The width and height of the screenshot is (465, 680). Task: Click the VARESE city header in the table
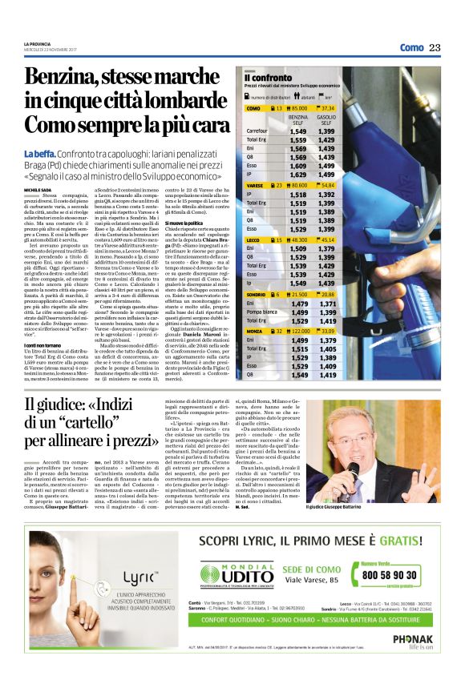coord(255,185)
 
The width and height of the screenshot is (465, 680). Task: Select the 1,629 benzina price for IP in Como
coord(297,174)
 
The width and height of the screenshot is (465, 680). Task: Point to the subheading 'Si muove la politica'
coord(184,222)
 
